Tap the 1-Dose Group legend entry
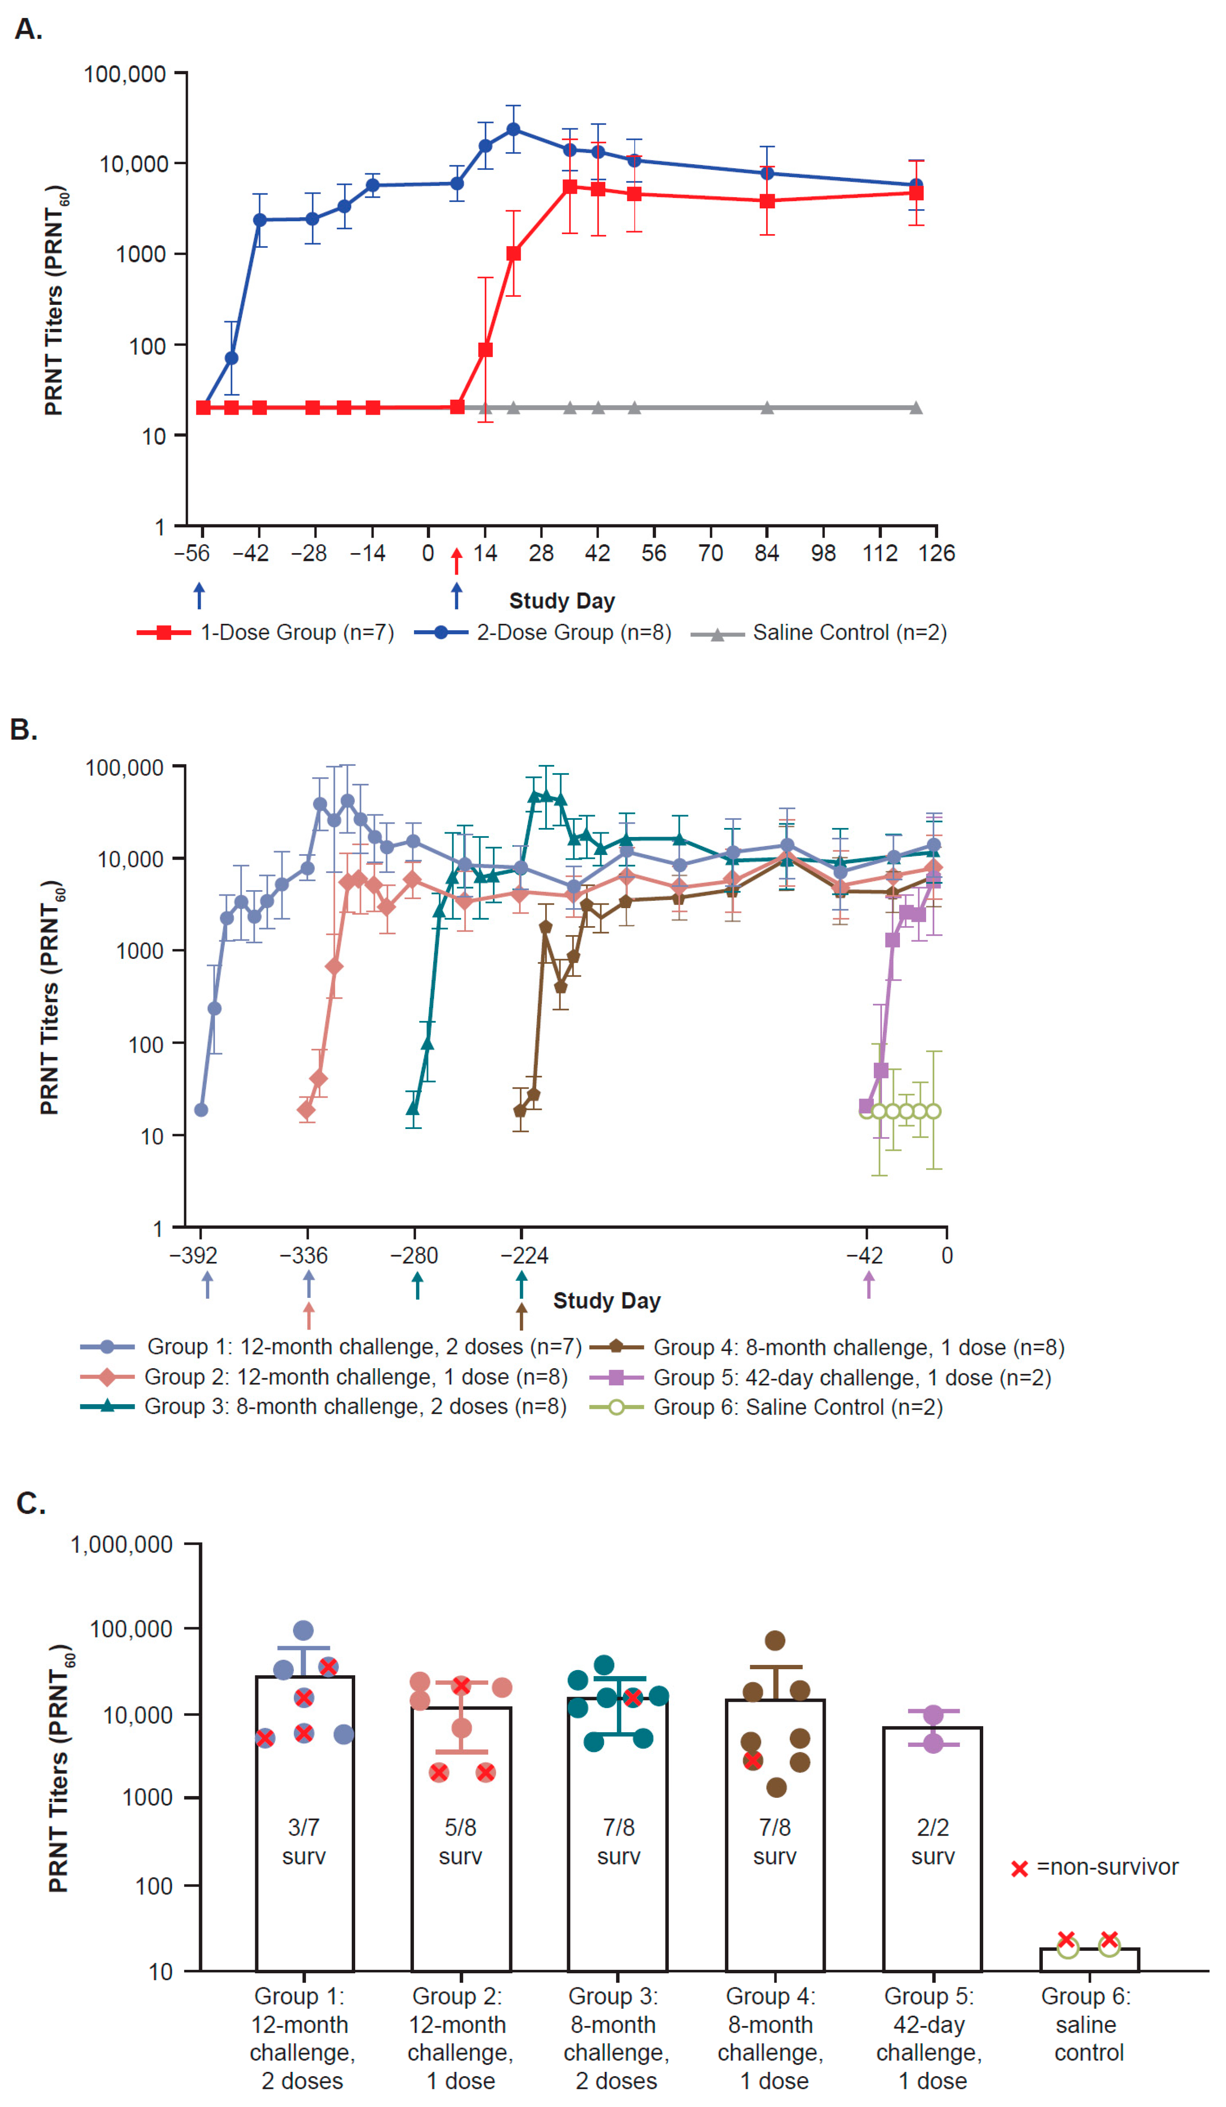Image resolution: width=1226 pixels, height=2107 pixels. pyautogui.click(x=266, y=633)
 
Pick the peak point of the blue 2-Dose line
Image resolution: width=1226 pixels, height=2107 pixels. pyautogui.click(x=513, y=129)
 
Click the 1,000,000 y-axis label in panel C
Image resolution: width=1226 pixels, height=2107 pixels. pyautogui.click(x=122, y=1544)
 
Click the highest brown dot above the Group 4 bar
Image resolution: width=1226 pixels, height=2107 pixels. pyautogui.click(x=775, y=1640)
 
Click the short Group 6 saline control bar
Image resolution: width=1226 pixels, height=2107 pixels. pyautogui.click(x=1089, y=1959)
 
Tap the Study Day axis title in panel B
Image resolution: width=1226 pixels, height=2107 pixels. pyautogui.click(x=607, y=1301)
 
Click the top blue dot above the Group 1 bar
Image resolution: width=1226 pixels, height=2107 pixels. pyautogui.click(x=304, y=1630)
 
